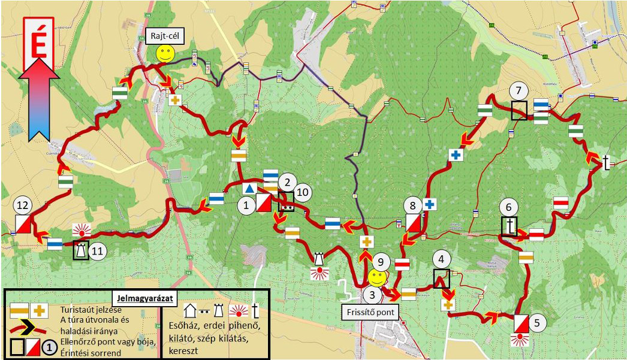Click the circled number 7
[x=519, y=91]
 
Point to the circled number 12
[x=23, y=205]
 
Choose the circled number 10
[x=303, y=192]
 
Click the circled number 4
[x=442, y=259]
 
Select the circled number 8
[x=412, y=205]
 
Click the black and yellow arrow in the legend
[x=30, y=327]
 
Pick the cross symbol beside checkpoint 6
[x=510, y=226]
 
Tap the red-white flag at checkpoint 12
[x=23, y=225]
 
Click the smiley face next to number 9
[x=376, y=277]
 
